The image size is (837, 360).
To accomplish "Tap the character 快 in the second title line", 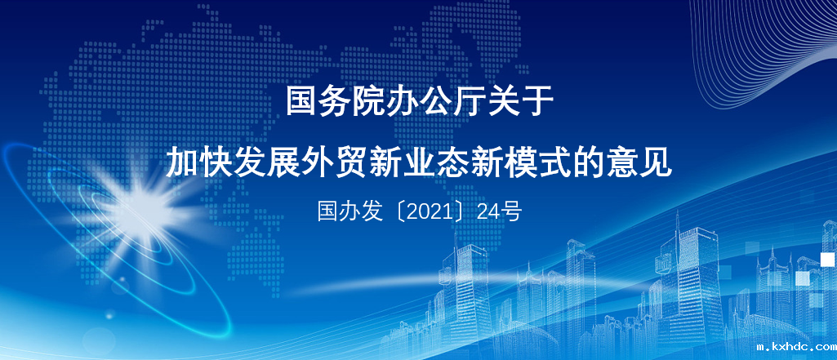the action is click(216, 162).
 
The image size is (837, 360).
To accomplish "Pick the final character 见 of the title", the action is click(655, 162).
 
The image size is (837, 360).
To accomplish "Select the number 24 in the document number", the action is click(488, 212).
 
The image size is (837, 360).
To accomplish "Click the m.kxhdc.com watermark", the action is click(796, 347).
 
